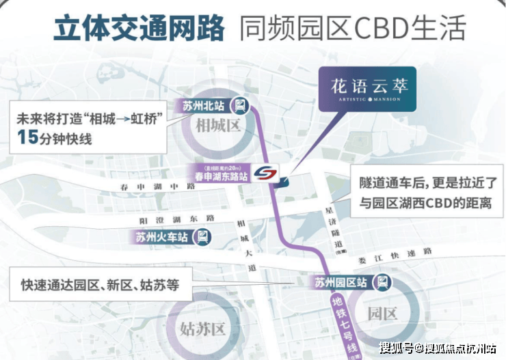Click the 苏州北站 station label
point(204,106)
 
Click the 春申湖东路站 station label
point(220,176)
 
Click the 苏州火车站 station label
point(162,238)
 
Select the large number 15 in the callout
point(28,138)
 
